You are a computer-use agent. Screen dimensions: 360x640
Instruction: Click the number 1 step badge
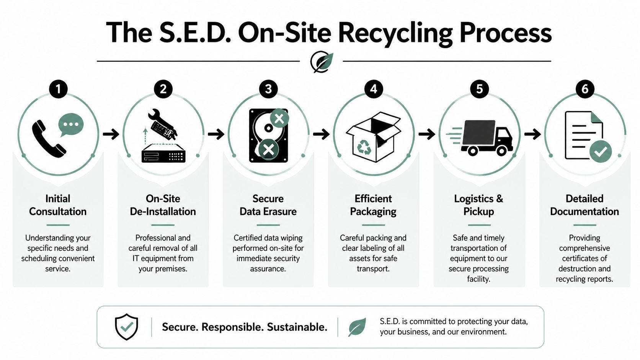(x=58, y=89)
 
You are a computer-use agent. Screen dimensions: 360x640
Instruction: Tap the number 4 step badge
(x=374, y=89)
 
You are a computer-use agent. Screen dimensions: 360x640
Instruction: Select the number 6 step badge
(x=585, y=89)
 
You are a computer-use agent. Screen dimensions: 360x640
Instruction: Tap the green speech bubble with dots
(x=71, y=125)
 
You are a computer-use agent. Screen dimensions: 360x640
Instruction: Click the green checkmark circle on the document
(x=600, y=151)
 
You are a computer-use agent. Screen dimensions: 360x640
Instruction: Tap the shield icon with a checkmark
(x=126, y=327)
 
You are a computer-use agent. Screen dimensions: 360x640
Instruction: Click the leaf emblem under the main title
(x=322, y=62)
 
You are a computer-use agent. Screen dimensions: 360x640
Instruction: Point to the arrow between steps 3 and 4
(x=321, y=134)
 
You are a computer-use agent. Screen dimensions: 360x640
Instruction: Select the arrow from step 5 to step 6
(x=532, y=134)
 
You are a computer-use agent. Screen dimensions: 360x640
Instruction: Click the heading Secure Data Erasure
(x=268, y=205)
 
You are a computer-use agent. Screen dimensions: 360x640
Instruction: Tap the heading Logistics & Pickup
(x=478, y=205)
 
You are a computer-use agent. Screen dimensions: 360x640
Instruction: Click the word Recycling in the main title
(x=395, y=33)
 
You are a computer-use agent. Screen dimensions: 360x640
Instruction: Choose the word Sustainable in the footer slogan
(x=297, y=327)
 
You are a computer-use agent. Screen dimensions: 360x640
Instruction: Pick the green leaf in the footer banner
(x=357, y=327)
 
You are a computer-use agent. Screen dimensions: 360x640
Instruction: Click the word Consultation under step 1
(x=58, y=212)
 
